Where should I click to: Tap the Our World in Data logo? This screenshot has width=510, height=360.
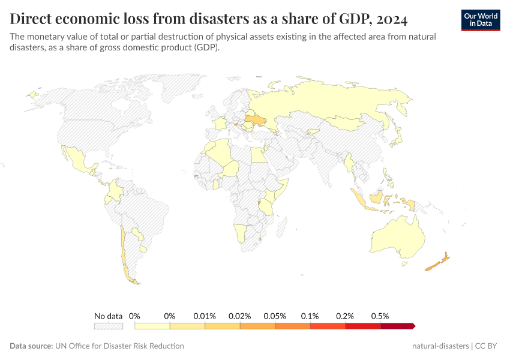tap(480, 20)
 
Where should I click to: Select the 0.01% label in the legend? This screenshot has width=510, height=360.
tap(205, 316)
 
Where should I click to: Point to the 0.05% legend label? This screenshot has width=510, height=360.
tap(275, 316)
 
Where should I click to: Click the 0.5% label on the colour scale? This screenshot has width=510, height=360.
tap(380, 316)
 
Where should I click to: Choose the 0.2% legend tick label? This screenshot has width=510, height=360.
tap(345, 316)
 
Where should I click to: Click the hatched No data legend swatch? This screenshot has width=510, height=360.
tap(109, 326)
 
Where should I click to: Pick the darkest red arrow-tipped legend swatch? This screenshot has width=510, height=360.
tap(397, 326)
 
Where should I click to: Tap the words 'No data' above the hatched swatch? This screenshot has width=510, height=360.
tap(109, 316)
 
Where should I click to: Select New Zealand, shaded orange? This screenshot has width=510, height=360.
tap(437, 263)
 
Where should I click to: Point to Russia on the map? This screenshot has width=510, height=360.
tap(324, 102)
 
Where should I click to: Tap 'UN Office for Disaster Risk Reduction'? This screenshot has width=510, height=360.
tap(119, 346)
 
